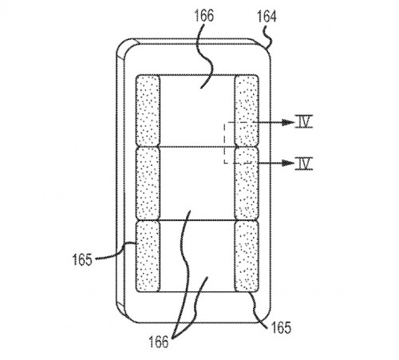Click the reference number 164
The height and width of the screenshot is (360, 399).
coord(267,17)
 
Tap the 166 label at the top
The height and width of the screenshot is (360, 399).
coord(204,15)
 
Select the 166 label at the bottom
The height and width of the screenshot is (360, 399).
coord(159,342)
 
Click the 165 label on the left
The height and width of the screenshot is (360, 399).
coord(82,259)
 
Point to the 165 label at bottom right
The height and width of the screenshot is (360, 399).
coord(281,327)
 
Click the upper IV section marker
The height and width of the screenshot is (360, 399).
coord(304,121)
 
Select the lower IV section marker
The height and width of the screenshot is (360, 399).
coord(304,163)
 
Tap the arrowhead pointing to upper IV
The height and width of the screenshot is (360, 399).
coord(288,122)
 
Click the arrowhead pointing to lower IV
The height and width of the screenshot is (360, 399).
coord(288,163)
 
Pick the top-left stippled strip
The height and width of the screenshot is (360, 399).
coord(148,110)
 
